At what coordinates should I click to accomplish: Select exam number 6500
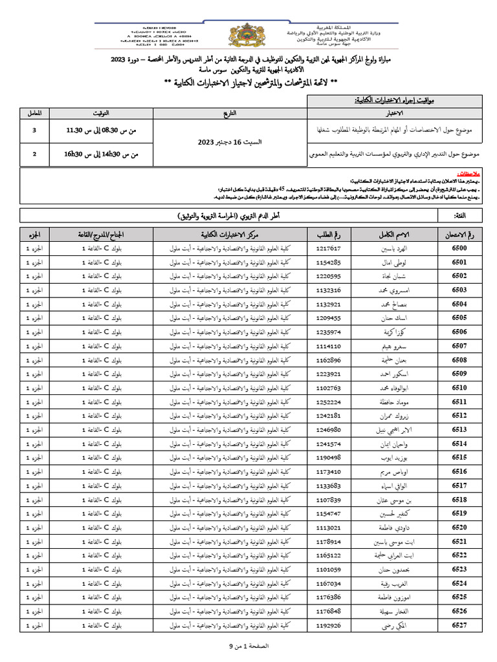[x=459, y=248]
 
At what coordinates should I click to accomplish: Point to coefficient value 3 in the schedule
[x=34, y=131]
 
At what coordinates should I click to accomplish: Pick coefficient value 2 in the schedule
[x=34, y=155]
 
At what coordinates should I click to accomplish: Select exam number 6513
[x=459, y=429]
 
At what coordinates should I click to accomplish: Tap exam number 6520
[x=459, y=527]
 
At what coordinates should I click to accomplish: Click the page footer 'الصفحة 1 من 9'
[x=248, y=646]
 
